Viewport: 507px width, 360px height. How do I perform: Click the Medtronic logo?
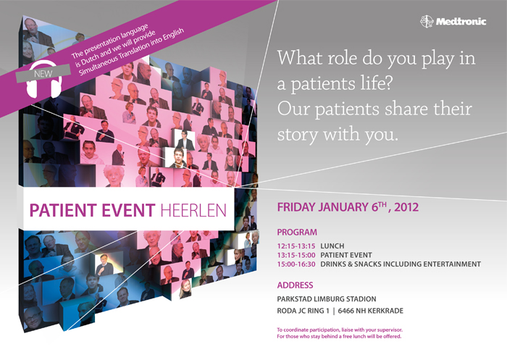coord(453,21)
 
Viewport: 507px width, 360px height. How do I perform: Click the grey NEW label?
coord(43,73)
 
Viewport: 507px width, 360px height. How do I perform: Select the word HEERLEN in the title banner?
coord(193,210)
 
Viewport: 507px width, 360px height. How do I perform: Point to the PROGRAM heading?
coord(297,233)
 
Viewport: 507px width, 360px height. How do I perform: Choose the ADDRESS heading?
coord(295,285)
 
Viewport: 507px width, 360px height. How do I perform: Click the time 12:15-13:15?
coord(296,246)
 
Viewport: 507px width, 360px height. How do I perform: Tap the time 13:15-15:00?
coord(296,255)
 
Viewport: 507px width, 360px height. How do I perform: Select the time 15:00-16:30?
coord(296,264)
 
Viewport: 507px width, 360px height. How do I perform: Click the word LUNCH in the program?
coord(332,246)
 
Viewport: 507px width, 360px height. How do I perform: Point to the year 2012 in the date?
coord(406,207)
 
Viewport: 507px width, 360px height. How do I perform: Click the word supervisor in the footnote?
coord(390,330)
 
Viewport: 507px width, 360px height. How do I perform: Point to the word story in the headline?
coord(298,135)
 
